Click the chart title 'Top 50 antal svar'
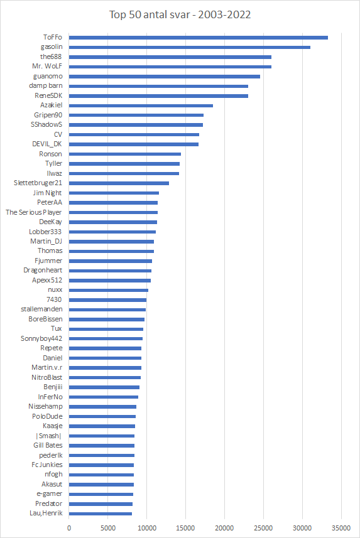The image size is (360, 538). click(x=150, y=15)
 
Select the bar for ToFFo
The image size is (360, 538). click(x=198, y=38)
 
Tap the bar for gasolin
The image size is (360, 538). click(x=190, y=47)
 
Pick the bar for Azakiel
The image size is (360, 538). click(x=141, y=105)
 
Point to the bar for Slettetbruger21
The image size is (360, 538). click(x=119, y=183)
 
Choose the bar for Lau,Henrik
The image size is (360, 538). click(x=101, y=514)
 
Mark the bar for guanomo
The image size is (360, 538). click(x=165, y=77)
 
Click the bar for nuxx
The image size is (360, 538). click(x=109, y=290)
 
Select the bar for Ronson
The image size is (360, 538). click(x=125, y=154)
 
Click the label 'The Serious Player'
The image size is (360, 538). click(x=34, y=212)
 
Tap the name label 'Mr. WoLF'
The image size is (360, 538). click(x=47, y=66)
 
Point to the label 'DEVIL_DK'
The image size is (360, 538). click(x=47, y=144)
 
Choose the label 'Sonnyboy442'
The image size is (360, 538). click(x=41, y=338)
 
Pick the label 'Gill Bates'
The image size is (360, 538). click(x=48, y=445)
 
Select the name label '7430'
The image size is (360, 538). click(x=54, y=299)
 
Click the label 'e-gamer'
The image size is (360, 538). click(x=50, y=494)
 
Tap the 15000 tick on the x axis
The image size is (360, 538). click(x=185, y=528)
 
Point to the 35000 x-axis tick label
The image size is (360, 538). click(x=341, y=528)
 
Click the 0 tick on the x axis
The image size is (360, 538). click(x=69, y=528)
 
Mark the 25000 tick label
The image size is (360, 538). click(x=263, y=528)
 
